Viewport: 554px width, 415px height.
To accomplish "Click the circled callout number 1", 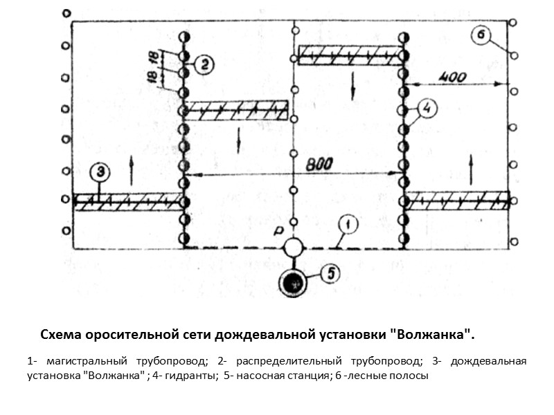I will click(348, 224).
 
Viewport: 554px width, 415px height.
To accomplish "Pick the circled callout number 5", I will click(332, 273).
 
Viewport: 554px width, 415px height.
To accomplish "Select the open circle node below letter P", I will click(294, 248).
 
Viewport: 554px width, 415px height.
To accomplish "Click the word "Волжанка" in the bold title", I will click(434, 335).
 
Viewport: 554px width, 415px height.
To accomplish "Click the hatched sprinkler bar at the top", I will click(351, 55).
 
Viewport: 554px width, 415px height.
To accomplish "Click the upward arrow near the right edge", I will click(472, 167).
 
